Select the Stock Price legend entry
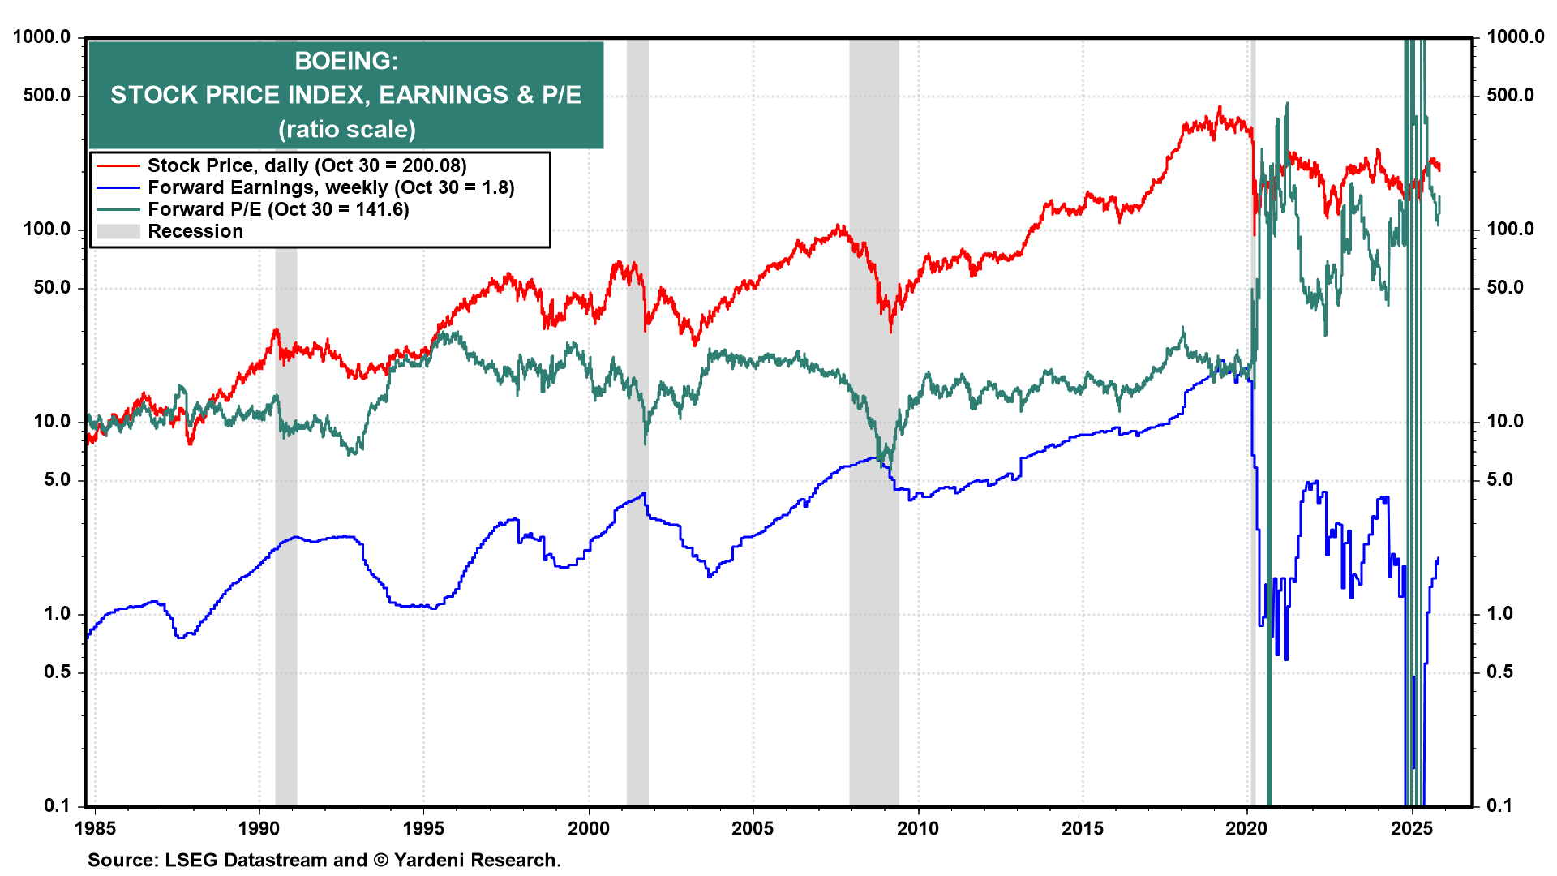[307, 165]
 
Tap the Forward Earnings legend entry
[330, 187]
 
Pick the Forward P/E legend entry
[277, 209]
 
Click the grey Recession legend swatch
[118, 232]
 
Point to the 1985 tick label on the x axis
[95, 828]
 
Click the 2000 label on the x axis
[588, 828]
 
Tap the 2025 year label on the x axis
[1412, 828]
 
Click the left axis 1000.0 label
[42, 37]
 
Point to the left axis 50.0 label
[52, 288]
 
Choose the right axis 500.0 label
[1510, 96]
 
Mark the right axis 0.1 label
[1499, 805]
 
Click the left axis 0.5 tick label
[57, 672]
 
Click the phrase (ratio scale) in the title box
[346, 130]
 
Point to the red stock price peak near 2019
[1219, 108]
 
